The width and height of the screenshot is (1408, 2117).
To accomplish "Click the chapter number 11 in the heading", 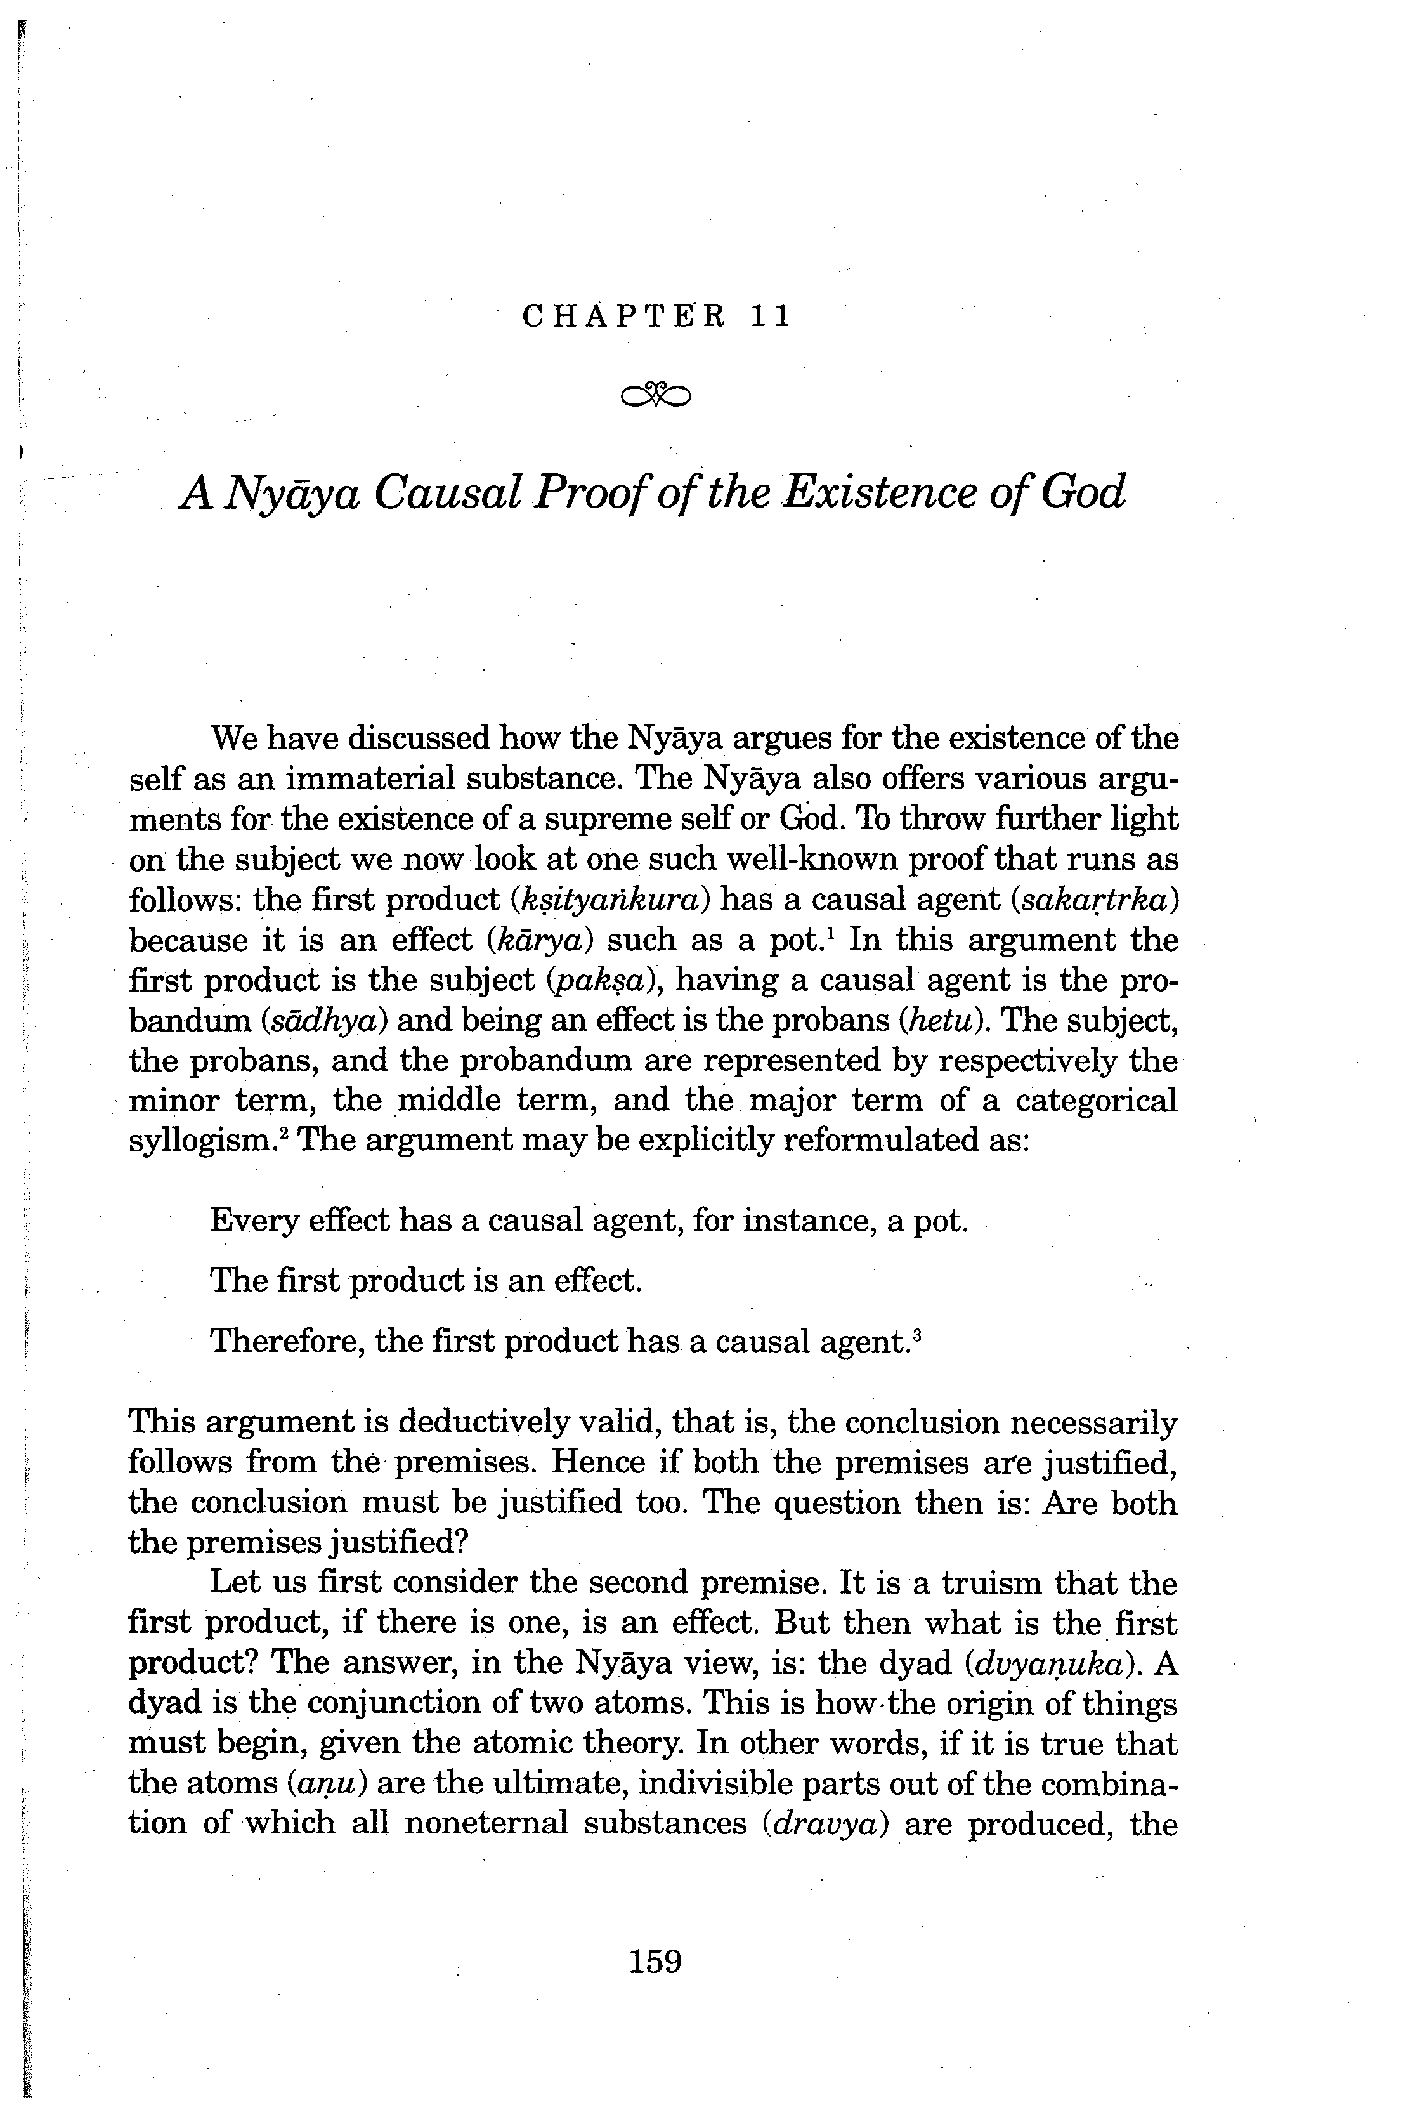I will (x=771, y=317).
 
